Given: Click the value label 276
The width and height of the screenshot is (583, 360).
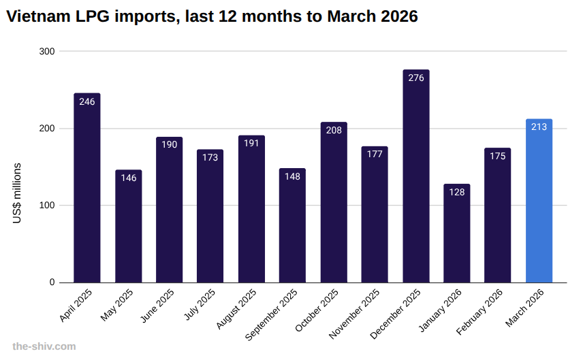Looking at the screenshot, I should pyautogui.click(x=416, y=78).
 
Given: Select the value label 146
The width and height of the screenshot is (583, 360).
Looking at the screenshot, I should pyautogui.click(x=128, y=178).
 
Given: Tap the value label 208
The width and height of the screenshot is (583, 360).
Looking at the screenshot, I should pyautogui.click(x=334, y=130).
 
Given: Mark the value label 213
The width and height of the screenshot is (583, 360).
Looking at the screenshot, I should pyautogui.click(x=539, y=127).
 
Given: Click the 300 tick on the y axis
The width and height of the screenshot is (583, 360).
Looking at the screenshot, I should pyautogui.click(x=48, y=51).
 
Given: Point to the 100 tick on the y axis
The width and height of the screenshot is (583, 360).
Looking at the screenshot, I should pyautogui.click(x=48, y=206).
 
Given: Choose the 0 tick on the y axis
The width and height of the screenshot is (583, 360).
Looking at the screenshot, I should pyautogui.click(x=52, y=282).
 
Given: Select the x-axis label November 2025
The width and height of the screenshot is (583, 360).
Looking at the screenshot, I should pyautogui.click(x=355, y=314).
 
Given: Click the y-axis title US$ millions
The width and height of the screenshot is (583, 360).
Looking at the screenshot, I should pyautogui.click(x=18, y=193).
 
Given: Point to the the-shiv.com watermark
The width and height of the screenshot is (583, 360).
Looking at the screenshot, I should pyautogui.click(x=44, y=346).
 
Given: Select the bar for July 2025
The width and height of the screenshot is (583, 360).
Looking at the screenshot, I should pyautogui.click(x=210, y=218).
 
